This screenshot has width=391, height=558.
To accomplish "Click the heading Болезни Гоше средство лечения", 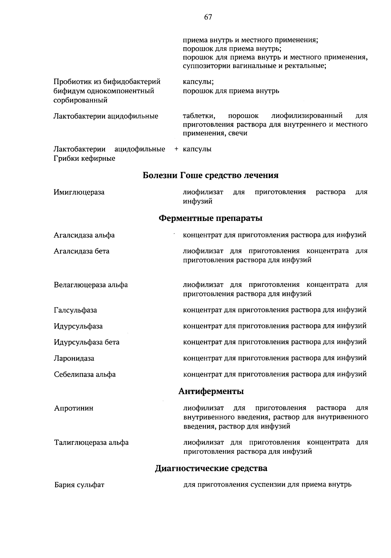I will (210, 176).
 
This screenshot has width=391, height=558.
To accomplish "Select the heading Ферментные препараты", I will (210, 218).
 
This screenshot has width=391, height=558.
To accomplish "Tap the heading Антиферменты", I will (211, 391).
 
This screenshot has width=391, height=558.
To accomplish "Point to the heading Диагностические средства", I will (211, 469).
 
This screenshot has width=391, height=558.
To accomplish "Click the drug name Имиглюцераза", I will (79, 192).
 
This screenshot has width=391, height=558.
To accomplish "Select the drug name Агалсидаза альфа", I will (84, 235).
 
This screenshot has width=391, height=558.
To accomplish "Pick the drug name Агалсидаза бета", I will (81, 251).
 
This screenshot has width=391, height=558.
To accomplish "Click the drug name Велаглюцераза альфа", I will (91, 285).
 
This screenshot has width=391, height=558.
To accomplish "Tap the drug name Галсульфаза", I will (75, 310).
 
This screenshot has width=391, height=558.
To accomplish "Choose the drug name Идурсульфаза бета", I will (86, 342).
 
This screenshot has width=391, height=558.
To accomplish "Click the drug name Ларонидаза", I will (74, 359).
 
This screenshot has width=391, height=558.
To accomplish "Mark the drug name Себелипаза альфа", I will (85, 374).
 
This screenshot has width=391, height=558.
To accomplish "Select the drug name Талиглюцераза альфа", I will (91, 443).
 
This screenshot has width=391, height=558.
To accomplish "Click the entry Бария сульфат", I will (79, 485).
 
